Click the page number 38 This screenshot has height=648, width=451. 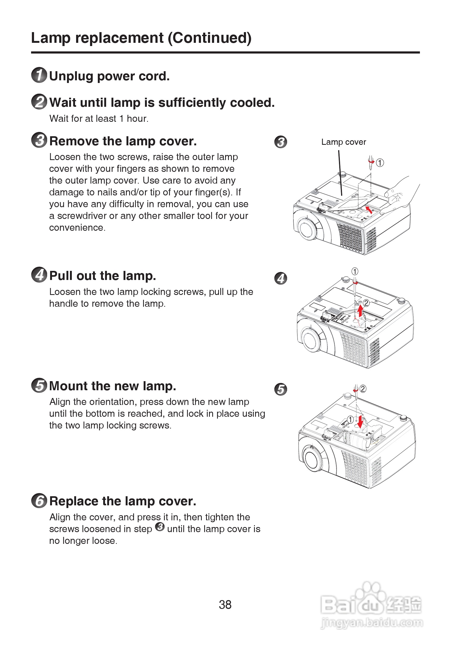click(225, 605)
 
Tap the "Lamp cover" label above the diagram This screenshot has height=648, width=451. click(343, 142)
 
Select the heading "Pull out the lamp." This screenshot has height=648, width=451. click(103, 276)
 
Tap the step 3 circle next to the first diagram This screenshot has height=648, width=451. click(281, 142)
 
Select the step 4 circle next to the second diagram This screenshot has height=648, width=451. click(281, 278)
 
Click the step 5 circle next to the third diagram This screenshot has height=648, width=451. click(281, 389)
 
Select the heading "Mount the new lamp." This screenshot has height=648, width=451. click(113, 386)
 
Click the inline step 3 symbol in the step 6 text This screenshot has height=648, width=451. click(160, 527)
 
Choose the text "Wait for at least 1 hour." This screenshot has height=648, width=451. click(99, 119)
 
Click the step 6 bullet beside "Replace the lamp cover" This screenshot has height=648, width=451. click(39, 501)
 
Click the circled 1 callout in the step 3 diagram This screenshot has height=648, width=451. click(380, 162)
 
